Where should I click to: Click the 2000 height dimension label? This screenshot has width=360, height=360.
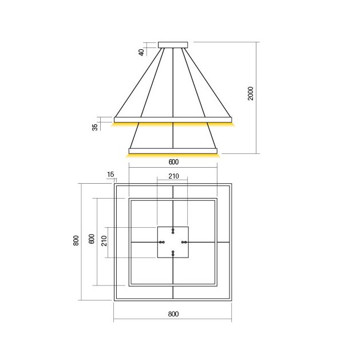click(x=251, y=93)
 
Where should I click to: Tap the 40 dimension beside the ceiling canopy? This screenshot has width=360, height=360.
click(x=142, y=52)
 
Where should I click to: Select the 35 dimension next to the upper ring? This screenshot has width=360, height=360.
click(x=95, y=127)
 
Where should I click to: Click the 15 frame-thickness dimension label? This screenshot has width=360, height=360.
click(x=110, y=175)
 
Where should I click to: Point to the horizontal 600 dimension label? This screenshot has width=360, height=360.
click(x=173, y=162)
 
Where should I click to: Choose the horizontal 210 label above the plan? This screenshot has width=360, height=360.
click(x=173, y=176)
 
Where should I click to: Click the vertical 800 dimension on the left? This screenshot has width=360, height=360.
click(x=76, y=240)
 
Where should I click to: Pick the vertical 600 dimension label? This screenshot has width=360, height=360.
click(x=92, y=239)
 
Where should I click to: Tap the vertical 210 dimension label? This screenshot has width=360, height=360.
click(x=104, y=241)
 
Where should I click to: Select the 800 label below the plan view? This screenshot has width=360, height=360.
click(x=173, y=314)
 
